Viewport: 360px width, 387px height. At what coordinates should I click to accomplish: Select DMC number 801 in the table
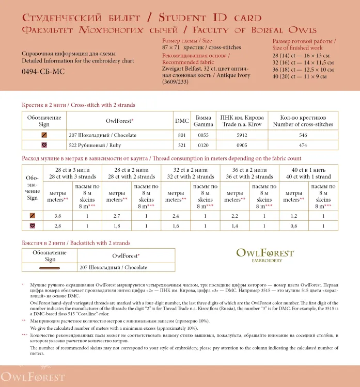coord(181,135)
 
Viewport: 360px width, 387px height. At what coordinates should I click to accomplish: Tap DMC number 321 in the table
coord(181,145)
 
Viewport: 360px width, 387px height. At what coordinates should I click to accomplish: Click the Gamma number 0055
coord(203,135)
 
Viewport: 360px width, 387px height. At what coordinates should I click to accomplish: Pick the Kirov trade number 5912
coord(241,135)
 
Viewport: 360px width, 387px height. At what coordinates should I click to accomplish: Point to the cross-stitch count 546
coord(303,135)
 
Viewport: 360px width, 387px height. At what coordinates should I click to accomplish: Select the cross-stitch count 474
coord(303,145)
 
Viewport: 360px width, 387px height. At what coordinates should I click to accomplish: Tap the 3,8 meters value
coord(58,216)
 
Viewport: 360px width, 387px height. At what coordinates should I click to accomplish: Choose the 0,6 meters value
coord(293,226)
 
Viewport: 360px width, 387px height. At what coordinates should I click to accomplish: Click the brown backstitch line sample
coord(50,267)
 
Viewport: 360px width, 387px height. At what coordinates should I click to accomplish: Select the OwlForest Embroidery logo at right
coord(264,255)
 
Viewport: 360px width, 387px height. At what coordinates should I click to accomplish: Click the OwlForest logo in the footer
coord(33,377)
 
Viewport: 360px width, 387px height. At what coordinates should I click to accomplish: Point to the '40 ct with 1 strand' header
coord(308,176)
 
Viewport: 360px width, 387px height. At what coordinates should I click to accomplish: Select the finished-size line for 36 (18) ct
coord(302,70)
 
